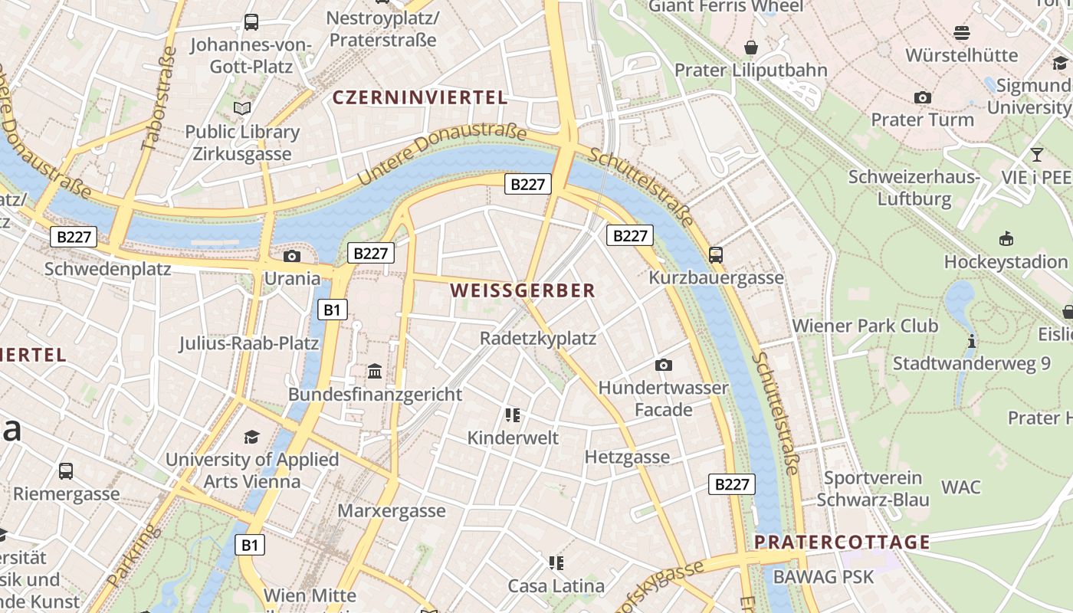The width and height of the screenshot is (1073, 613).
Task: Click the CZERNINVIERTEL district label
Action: click(419, 97)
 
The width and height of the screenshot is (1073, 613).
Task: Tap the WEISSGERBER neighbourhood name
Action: click(523, 290)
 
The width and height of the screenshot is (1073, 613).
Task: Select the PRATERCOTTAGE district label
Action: click(842, 542)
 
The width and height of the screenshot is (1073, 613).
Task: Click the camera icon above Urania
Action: click(292, 256)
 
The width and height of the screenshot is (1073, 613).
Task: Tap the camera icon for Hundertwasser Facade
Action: click(664, 365)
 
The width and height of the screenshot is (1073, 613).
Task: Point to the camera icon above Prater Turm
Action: click(923, 97)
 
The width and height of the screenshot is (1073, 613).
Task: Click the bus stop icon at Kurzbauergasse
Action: click(716, 254)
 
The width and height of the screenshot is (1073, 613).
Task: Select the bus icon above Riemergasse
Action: click(66, 470)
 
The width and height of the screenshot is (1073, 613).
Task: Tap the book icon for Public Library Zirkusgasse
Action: click(242, 109)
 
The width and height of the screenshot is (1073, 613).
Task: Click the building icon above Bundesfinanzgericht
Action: click(375, 372)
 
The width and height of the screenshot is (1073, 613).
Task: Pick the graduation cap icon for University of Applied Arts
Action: click(251, 437)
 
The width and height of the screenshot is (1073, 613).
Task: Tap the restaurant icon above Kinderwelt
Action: click(513, 415)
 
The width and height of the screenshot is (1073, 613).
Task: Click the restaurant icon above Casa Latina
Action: click(556, 563)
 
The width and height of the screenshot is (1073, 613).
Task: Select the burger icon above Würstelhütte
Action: click(962, 32)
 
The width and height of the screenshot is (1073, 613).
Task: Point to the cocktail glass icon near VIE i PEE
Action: click(1037, 155)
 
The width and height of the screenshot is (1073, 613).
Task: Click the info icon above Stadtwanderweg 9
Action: click(971, 341)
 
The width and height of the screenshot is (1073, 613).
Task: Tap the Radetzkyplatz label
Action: click(537, 338)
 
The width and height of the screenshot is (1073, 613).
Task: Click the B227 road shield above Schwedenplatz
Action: click(74, 237)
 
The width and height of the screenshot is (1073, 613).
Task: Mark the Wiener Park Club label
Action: click(865, 325)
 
